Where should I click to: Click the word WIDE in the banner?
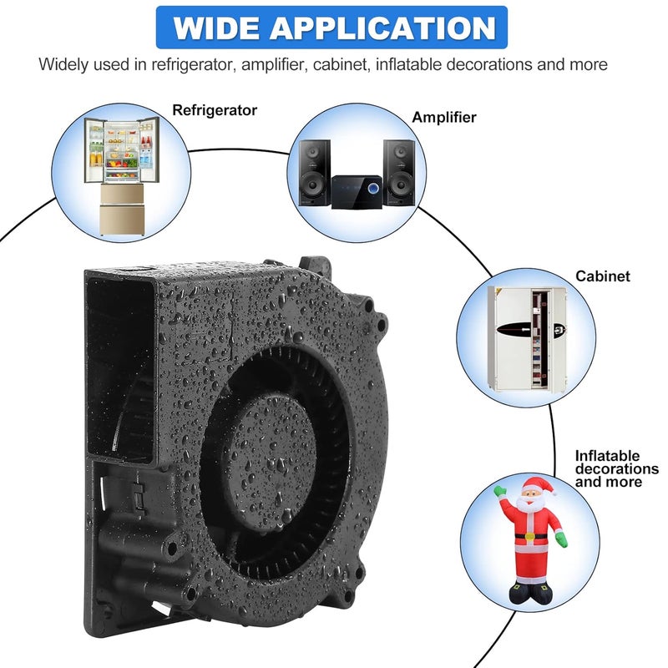(216, 28)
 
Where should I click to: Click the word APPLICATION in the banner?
(383, 28)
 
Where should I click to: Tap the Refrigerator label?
(215, 110)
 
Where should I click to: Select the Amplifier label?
(444, 117)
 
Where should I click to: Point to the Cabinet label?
(602, 276)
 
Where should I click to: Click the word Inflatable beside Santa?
(607, 456)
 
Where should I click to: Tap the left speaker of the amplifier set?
(315, 173)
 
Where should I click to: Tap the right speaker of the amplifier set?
(399, 173)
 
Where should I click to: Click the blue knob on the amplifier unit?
(373, 189)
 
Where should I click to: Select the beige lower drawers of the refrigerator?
(122, 210)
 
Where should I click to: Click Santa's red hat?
(535, 485)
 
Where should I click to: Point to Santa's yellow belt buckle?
(529, 536)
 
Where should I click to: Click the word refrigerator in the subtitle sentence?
(193, 65)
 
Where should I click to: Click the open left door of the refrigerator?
(94, 150)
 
